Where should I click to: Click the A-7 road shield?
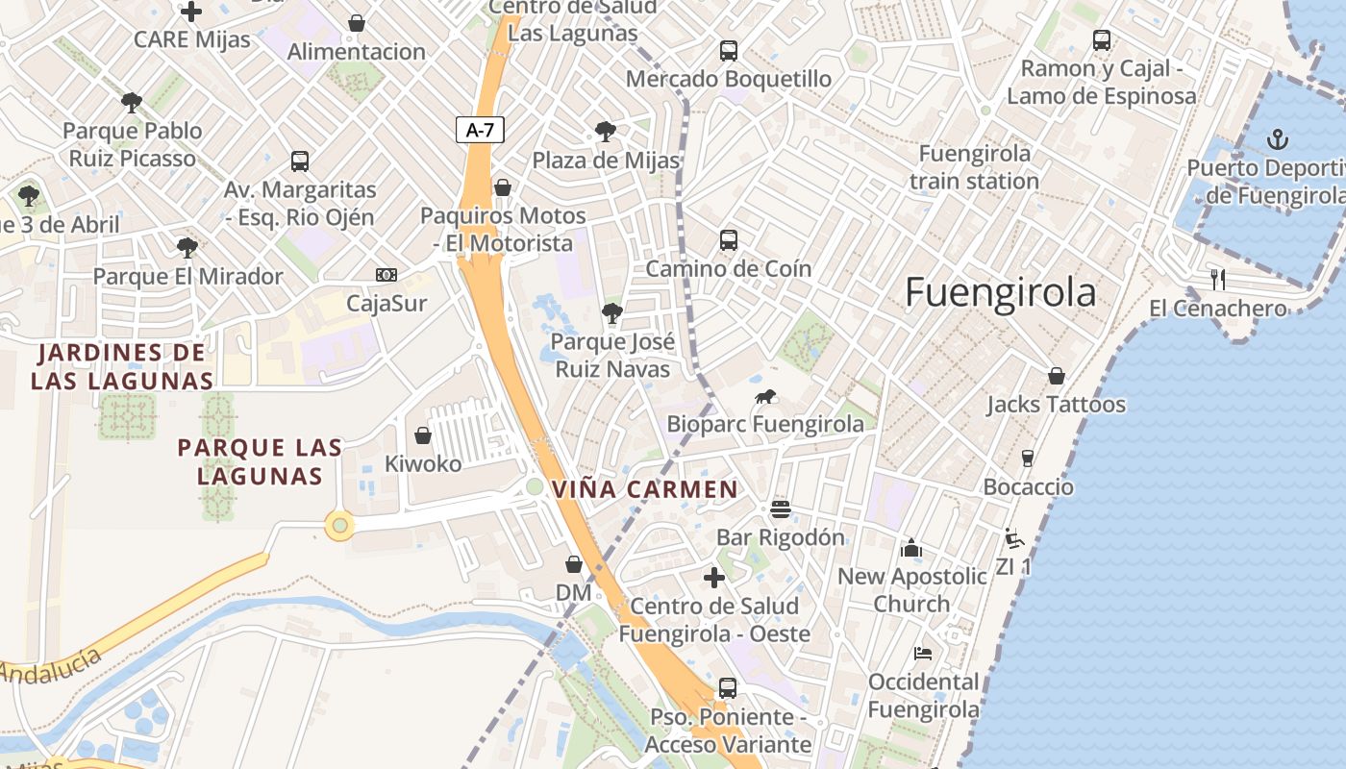tap(480, 130)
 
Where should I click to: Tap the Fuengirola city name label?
tap(1000, 292)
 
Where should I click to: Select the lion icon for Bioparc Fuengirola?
tap(765, 396)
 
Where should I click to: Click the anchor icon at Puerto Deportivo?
tap(1277, 140)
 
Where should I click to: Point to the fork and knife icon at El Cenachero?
tap(1218, 280)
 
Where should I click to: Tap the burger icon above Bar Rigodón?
tap(780, 509)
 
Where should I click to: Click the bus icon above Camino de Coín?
tap(729, 240)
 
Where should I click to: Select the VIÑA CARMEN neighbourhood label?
tap(645, 489)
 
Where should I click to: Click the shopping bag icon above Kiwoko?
tap(422, 435)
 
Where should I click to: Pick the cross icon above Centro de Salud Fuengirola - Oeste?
tap(713, 578)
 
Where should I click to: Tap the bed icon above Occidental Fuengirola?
tap(923, 654)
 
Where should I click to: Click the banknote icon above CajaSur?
tap(386, 276)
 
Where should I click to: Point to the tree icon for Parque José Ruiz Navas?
tap(611, 312)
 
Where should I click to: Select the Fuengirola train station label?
tap(974, 167)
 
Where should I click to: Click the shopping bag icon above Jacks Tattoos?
tap(1056, 376)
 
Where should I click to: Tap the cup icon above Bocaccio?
tap(1027, 458)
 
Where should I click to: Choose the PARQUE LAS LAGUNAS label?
tap(260, 461)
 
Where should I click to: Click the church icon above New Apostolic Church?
tap(910, 548)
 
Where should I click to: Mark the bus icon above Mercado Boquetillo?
tap(729, 51)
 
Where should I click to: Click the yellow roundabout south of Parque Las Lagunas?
tap(338, 526)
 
